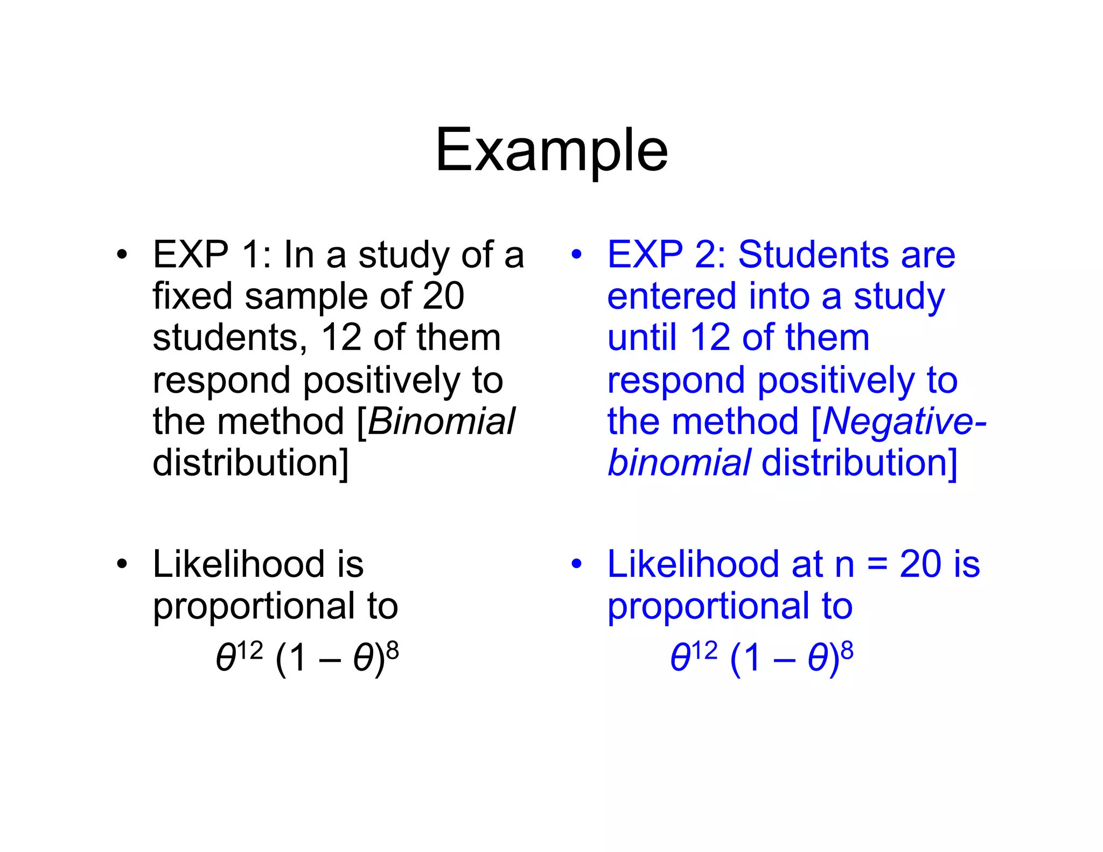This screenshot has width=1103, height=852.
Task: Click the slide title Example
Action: pyautogui.click(x=551, y=151)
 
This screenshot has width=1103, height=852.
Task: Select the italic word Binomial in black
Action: pyautogui.click(x=441, y=421)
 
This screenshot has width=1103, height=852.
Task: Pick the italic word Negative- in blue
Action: pyautogui.click(x=904, y=421)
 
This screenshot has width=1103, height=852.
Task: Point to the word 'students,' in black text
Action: pyautogui.click(x=230, y=338)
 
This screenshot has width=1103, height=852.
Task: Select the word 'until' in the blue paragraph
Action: pyautogui.click(x=642, y=338)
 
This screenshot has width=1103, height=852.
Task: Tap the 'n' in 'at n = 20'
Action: pyautogui.click(x=844, y=565)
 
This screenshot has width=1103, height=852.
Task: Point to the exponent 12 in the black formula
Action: pyautogui.click(x=250, y=651)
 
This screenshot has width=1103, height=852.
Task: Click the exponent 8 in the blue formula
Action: pyautogui.click(x=847, y=651)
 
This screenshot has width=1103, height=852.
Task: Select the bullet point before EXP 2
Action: pyautogui.click(x=577, y=254)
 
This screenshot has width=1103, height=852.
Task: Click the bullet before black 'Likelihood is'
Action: pyautogui.click(x=122, y=564)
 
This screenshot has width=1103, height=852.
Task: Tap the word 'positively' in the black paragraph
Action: pyautogui.click(x=382, y=380)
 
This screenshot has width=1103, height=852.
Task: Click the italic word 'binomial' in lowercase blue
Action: pyautogui.click(x=679, y=463)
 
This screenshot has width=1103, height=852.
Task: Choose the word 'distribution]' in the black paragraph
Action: pyautogui.click(x=251, y=463)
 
